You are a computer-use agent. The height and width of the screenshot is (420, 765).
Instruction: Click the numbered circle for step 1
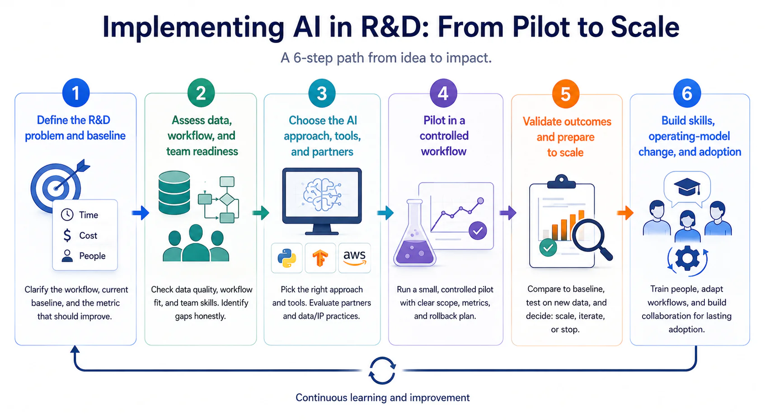coord(76,93)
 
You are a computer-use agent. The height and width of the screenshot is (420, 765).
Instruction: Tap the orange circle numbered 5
coord(566,94)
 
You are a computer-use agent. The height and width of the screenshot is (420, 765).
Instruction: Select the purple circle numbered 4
coord(443,93)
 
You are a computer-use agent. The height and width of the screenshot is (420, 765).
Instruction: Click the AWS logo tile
coord(355,258)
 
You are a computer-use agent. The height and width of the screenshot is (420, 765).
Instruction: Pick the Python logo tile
coord(287,258)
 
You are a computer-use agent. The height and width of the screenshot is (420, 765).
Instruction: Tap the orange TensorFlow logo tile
coord(320,258)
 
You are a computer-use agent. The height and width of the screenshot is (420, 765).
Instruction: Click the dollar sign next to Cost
coord(67,236)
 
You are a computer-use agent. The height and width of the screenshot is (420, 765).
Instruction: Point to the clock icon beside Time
coord(67,215)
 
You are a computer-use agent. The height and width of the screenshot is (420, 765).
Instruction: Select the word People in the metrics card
coord(92,256)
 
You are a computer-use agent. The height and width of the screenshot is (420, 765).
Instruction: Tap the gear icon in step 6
coord(687,259)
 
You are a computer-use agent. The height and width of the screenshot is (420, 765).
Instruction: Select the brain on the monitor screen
coord(322,194)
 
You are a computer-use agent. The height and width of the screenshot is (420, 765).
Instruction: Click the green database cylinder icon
coord(174,193)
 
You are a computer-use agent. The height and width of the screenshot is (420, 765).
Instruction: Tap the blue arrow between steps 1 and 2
coord(141,213)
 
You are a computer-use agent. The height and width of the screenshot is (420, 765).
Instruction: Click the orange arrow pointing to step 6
coord(625,213)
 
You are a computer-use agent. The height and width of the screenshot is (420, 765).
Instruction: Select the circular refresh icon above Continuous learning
coord(382,371)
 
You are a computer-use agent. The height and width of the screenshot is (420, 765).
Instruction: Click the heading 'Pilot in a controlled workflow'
coord(444,136)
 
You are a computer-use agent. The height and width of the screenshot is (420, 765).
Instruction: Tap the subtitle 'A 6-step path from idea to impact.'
coord(386,58)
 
